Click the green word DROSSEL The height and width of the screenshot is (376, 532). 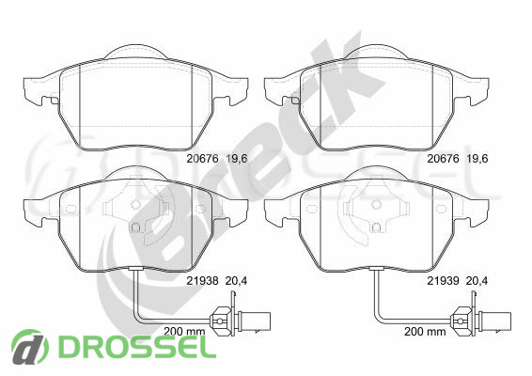click(x=137, y=346)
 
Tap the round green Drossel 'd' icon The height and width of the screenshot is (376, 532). click(x=30, y=347)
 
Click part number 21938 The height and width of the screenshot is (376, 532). click(x=202, y=281)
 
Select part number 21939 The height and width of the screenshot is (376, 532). click(x=443, y=281)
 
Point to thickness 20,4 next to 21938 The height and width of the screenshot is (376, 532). click(x=237, y=281)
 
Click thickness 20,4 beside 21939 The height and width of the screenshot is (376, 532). click(x=477, y=281)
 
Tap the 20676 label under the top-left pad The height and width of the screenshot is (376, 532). click(x=202, y=159)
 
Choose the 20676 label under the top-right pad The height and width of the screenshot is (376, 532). click(x=443, y=159)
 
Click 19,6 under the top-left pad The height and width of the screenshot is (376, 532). click(x=237, y=159)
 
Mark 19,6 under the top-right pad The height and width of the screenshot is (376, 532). click(x=477, y=159)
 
